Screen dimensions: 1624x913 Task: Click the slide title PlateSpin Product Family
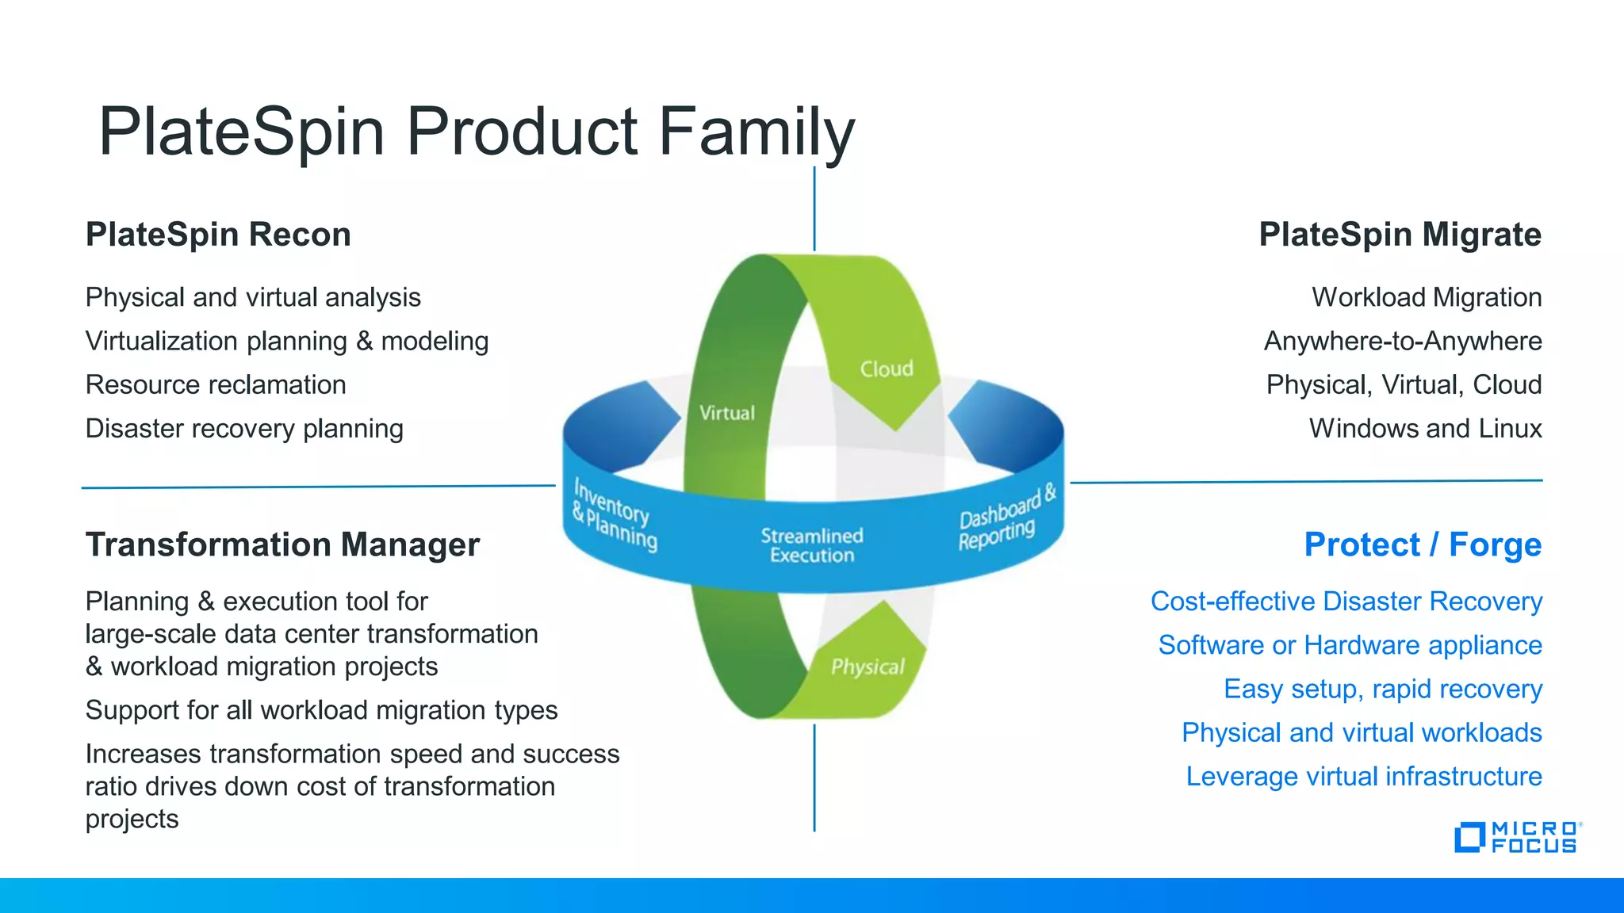click(476, 132)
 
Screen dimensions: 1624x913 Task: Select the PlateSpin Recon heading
click(218, 235)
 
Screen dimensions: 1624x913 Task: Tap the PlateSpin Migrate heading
click(1400, 235)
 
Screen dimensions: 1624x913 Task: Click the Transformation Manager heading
click(282, 544)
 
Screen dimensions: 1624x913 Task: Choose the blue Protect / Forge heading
click(1423, 544)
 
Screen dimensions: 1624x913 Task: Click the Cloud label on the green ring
click(887, 369)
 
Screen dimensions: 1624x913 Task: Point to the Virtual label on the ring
click(726, 413)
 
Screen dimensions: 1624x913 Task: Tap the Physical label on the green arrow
click(868, 667)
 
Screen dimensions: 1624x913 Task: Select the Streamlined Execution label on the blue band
click(812, 545)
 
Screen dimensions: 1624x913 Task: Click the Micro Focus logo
click(1516, 838)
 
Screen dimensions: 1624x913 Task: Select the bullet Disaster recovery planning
click(244, 429)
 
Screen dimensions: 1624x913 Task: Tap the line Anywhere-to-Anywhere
click(1402, 342)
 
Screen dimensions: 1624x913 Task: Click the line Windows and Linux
click(1425, 429)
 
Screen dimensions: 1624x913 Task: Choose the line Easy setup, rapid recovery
click(1382, 689)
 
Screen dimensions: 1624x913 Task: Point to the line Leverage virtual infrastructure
click(1363, 776)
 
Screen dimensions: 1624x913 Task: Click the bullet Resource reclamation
click(216, 385)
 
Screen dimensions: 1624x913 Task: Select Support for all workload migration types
click(321, 710)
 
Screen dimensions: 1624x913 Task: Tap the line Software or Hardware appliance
click(1350, 645)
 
